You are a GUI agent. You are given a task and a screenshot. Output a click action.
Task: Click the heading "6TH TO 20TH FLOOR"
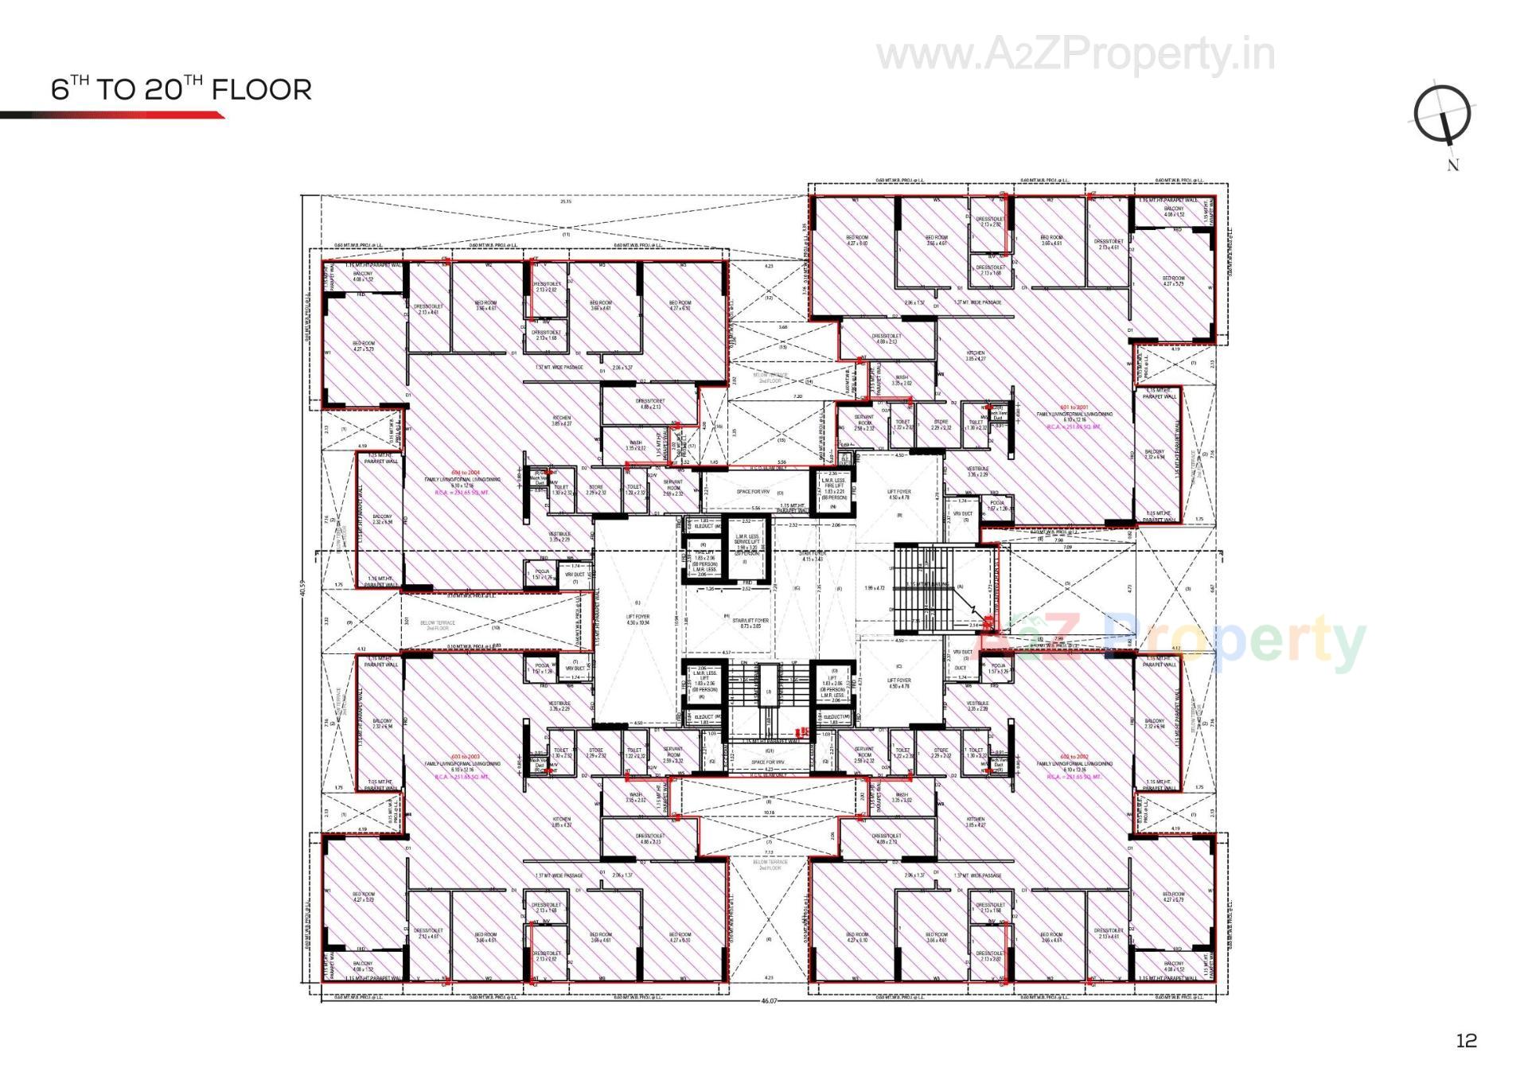tap(181, 89)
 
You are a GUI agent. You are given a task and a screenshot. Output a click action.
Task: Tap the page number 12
tap(1466, 1040)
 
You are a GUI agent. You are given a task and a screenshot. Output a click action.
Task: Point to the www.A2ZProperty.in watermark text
tap(1075, 54)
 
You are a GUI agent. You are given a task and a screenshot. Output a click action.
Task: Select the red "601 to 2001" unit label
tap(1074, 407)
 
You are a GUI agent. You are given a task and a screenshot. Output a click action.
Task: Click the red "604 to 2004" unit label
tap(466, 473)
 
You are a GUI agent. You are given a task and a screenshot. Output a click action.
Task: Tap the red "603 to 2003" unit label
tap(466, 757)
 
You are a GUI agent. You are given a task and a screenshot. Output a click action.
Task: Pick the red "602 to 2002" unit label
tap(1074, 757)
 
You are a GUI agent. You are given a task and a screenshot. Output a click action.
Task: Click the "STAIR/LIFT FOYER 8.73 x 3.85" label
tap(750, 623)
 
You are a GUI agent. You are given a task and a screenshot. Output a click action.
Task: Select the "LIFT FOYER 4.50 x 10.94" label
tap(637, 619)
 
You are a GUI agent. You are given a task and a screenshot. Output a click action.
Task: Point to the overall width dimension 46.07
tap(769, 1000)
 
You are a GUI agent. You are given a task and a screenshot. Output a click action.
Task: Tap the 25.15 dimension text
tap(566, 201)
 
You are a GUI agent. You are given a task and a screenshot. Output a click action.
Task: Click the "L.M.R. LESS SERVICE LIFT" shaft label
tap(747, 542)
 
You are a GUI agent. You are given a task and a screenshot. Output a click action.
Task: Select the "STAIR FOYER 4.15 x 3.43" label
tap(813, 556)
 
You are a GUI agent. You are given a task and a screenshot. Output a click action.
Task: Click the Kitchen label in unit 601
tap(976, 356)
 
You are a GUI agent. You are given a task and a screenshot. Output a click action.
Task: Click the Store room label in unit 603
tap(596, 753)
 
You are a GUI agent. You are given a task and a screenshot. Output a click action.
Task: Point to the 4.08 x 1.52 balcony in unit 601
tap(1174, 212)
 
